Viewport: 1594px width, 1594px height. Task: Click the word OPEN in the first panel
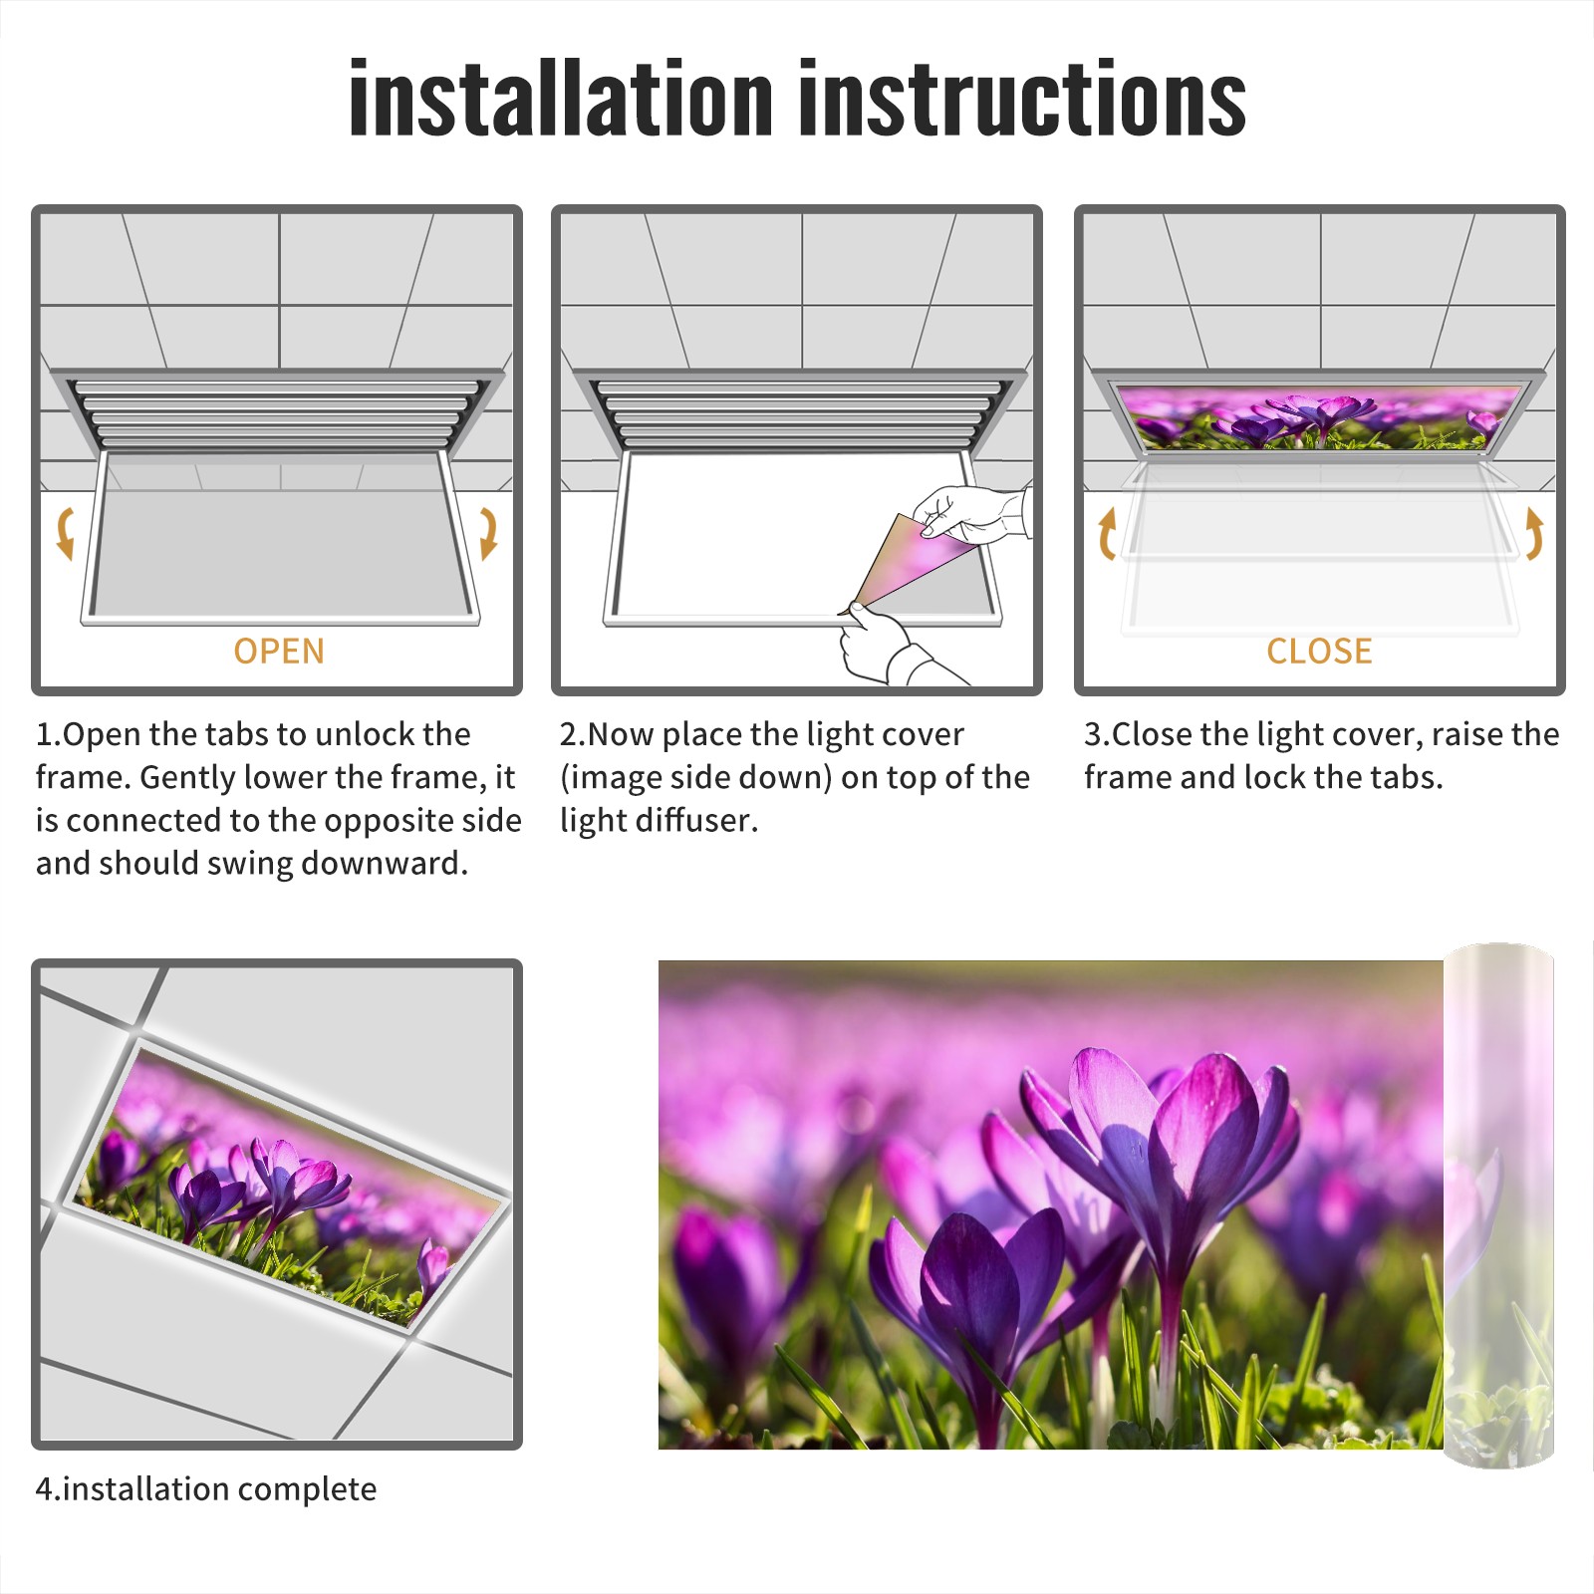279,652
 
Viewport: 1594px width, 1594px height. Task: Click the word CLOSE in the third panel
1319,652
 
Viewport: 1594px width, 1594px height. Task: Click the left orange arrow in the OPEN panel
65,533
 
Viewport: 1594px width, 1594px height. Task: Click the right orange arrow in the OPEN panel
488,533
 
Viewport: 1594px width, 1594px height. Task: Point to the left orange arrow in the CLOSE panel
1107,533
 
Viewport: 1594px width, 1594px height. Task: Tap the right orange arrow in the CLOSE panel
1534,533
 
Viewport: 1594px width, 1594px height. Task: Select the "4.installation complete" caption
206,1489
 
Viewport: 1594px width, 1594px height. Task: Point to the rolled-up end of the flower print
1498,1205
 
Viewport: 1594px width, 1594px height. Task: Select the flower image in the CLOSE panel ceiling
1320,416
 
